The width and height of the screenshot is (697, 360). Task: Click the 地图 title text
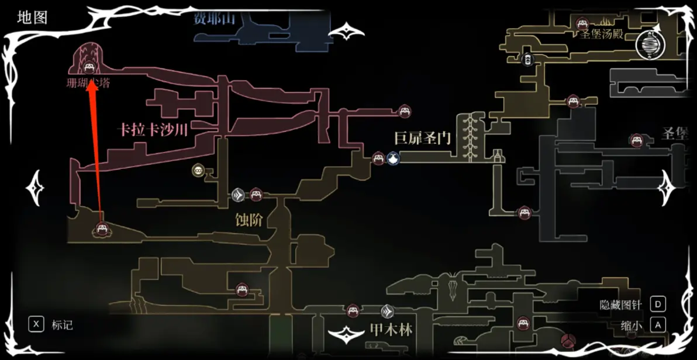click(x=32, y=18)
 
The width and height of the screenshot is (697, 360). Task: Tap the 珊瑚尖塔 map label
click(x=88, y=84)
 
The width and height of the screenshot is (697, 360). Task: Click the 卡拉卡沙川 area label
click(x=153, y=130)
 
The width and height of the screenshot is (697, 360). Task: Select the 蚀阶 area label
click(x=249, y=220)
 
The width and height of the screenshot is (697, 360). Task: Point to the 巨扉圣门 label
click(x=423, y=139)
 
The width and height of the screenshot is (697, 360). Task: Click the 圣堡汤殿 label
click(x=601, y=34)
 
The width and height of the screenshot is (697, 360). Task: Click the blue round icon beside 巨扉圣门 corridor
click(x=394, y=158)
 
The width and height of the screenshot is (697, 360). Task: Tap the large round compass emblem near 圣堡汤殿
click(x=650, y=44)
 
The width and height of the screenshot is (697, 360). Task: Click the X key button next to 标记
click(x=36, y=324)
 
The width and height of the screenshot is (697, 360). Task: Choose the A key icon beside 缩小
click(x=658, y=324)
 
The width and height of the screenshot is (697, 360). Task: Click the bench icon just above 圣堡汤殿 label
click(x=581, y=23)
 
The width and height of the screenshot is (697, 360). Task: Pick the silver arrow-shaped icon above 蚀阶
click(x=238, y=195)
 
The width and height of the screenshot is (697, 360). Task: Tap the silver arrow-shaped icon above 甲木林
click(x=387, y=311)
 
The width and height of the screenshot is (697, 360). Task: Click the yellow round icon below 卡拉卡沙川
click(x=198, y=171)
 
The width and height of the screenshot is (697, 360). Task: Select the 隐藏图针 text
click(x=620, y=304)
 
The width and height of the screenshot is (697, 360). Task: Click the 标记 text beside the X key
click(x=63, y=325)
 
